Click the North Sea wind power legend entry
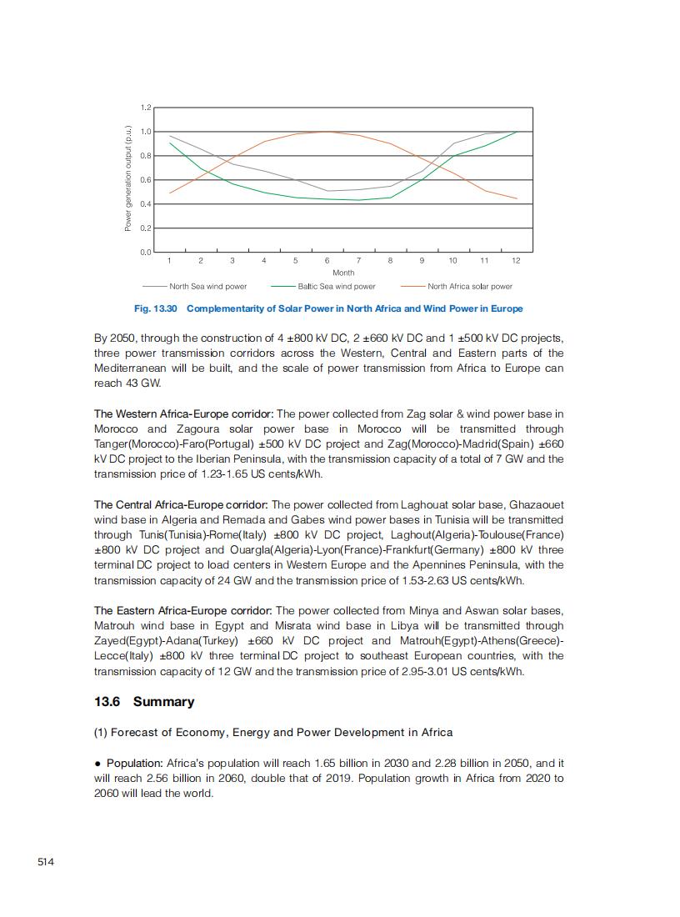coord(207,286)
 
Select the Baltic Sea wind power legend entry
coord(336,286)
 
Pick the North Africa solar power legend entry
coord(469,286)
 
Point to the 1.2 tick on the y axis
coord(146,108)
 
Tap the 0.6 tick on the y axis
coord(146,180)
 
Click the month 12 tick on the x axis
coord(516,261)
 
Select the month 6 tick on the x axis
coord(327,261)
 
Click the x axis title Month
coord(343,273)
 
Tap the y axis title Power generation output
coord(128,178)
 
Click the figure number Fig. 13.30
coord(156,308)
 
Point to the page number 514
coord(46,861)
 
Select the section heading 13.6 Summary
coord(144,701)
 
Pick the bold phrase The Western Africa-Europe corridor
coord(183,413)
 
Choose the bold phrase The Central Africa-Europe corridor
coord(181,504)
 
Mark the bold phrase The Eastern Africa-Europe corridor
coord(182,610)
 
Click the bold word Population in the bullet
coord(134,763)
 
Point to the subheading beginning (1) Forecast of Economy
coord(273,732)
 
